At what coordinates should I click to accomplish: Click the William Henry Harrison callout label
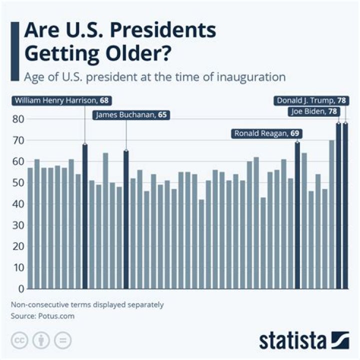pos(61,100)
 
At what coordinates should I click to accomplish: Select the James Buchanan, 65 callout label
pos(131,115)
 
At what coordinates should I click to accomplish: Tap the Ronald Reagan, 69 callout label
pos(268,133)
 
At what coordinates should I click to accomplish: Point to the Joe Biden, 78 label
pos(314,111)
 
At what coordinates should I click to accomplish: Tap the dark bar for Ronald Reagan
pos(297,215)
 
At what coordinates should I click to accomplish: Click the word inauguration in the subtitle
pos(254,77)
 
